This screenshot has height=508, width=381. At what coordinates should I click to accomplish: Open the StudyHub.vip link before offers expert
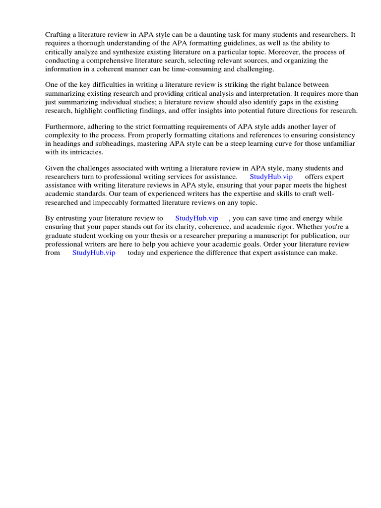coord(271,177)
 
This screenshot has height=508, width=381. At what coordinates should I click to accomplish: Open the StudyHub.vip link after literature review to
coord(196,218)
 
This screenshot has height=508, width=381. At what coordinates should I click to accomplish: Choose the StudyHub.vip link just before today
coord(94,253)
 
